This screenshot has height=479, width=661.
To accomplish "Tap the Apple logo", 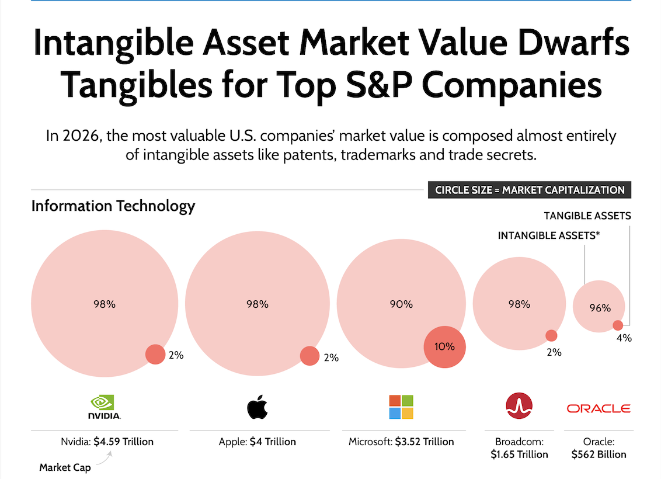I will point(258,407).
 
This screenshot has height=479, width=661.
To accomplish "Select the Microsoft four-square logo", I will point(401,407).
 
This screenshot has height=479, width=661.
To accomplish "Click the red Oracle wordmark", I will point(599,408).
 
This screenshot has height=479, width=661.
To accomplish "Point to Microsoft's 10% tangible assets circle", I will point(444,346).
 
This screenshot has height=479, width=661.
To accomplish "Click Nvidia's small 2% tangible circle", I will point(155,354).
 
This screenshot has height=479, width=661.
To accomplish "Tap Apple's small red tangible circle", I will point(309,356).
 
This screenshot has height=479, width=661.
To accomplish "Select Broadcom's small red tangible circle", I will point(551,336).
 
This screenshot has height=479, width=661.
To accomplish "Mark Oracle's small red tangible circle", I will point(618,325).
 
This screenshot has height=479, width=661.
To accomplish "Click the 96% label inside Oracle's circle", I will point(600,308).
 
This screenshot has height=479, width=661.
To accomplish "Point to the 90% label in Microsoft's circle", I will point(401,304).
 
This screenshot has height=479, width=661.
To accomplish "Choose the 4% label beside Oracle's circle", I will point(624,338).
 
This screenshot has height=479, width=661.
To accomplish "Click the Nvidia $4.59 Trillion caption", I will point(107,442).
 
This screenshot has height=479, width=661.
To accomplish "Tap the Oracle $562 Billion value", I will point(599,454).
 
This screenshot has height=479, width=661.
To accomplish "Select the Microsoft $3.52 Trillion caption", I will point(401,442).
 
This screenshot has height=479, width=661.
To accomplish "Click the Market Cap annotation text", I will point(65,467).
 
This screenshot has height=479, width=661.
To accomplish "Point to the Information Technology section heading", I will point(113,206).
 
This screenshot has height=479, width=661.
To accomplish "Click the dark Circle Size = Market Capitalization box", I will point(529,190).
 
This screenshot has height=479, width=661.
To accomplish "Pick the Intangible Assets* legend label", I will point(549,235).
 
